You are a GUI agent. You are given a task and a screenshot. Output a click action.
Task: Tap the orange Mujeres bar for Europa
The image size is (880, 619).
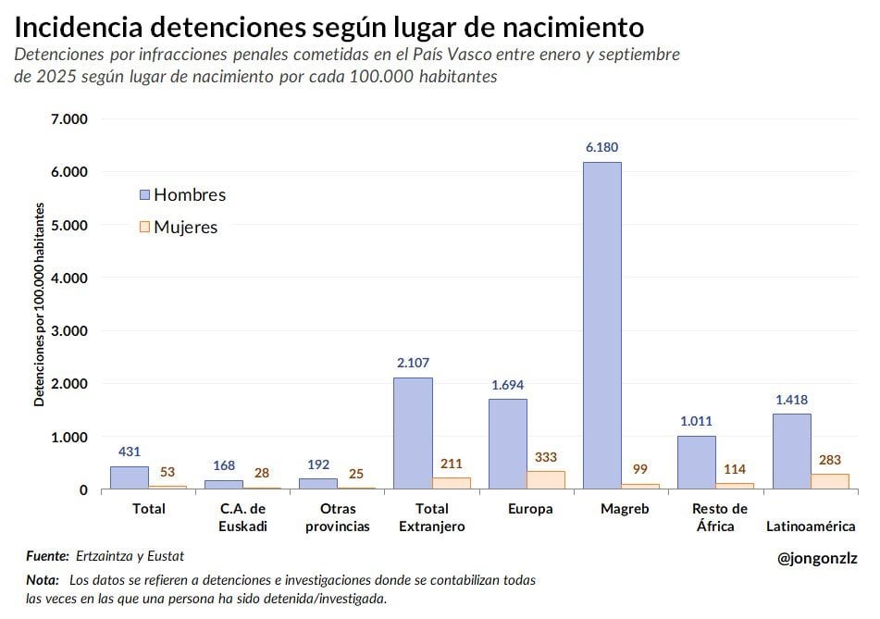[546, 480]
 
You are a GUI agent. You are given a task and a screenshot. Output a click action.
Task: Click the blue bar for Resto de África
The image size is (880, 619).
[697, 463]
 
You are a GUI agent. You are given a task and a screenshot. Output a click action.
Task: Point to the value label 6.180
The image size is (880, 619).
[601, 147]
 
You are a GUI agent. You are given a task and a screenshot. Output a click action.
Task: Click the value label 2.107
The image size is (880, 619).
[413, 363]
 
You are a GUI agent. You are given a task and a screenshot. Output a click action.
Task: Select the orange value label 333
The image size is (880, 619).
[546, 457]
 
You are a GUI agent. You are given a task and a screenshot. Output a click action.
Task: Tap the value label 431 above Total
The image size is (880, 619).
[129, 452]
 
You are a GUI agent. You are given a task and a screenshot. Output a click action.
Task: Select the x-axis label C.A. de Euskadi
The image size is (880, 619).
[242, 517]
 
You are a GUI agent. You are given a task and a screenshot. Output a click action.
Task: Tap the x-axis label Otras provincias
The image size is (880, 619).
[338, 517]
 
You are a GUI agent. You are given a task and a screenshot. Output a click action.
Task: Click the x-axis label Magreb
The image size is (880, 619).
[625, 509]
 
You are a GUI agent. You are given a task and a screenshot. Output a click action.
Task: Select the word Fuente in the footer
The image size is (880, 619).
[47, 556]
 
